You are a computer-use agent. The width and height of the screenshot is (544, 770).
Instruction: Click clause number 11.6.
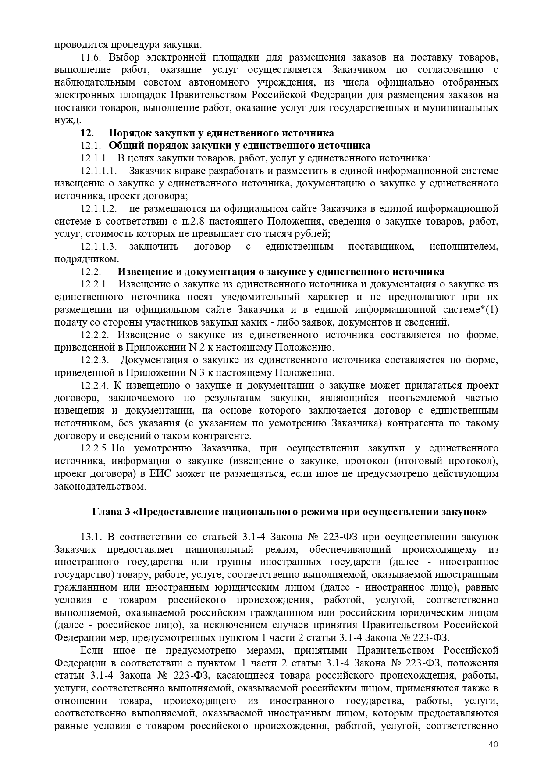pyautogui.click(x=92, y=57)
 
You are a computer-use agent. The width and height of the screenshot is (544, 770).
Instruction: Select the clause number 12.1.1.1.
pyautogui.click(x=99, y=171)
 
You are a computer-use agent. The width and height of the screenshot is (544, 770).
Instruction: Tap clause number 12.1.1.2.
pyautogui.click(x=99, y=208)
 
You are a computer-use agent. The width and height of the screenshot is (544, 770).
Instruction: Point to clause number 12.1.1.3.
pyautogui.click(x=99, y=247)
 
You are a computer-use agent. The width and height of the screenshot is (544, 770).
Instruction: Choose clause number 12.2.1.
pyautogui.click(x=95, y=284)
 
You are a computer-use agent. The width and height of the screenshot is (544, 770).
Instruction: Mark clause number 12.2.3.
pyautogui.click(x=95, y=360)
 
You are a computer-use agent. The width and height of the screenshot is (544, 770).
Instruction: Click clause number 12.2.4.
pyautogui.click(x=95, y=386)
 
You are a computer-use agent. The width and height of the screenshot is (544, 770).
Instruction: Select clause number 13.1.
pyautogui.click(x=92, y=537)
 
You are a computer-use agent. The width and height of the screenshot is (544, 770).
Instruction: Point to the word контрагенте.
pyautogui.click(x=228, y=436)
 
